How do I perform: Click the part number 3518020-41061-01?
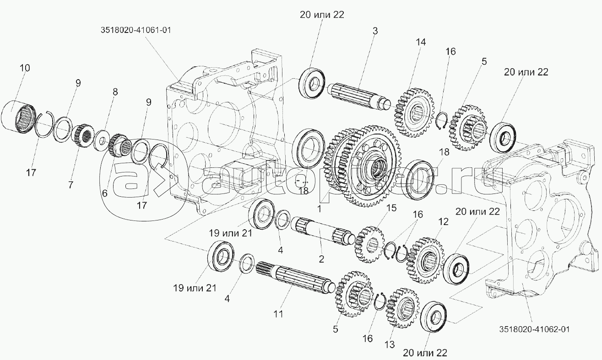pyautogui.click(x=136, y=30)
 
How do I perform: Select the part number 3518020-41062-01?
pyautogui.click(x=535, y=329)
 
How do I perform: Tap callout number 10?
pyautogui.click(x=24, y=68)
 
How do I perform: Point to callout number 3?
pyautogui.click(x=375, y=31)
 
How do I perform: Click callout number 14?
pyautogui.click(x=421, y=42)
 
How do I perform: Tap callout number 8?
pyautogui.click(x=115, y=92)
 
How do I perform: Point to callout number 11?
pyautogui.click(x=278, y=314)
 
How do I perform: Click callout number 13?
pyautogui.click(x=390, y=344)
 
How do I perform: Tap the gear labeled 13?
pyautogui.click(x=402, y=308)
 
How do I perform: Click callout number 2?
pyautogui.click(x=321, y=259)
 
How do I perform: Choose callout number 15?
pyautogui.click(x=391, y=208)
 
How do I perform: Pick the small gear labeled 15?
pyautogui.click(x=369, y=244)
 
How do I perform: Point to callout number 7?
pyautogui.click(x=71, y=185)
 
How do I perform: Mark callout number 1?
pyautogui.click(x=319, y=209)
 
